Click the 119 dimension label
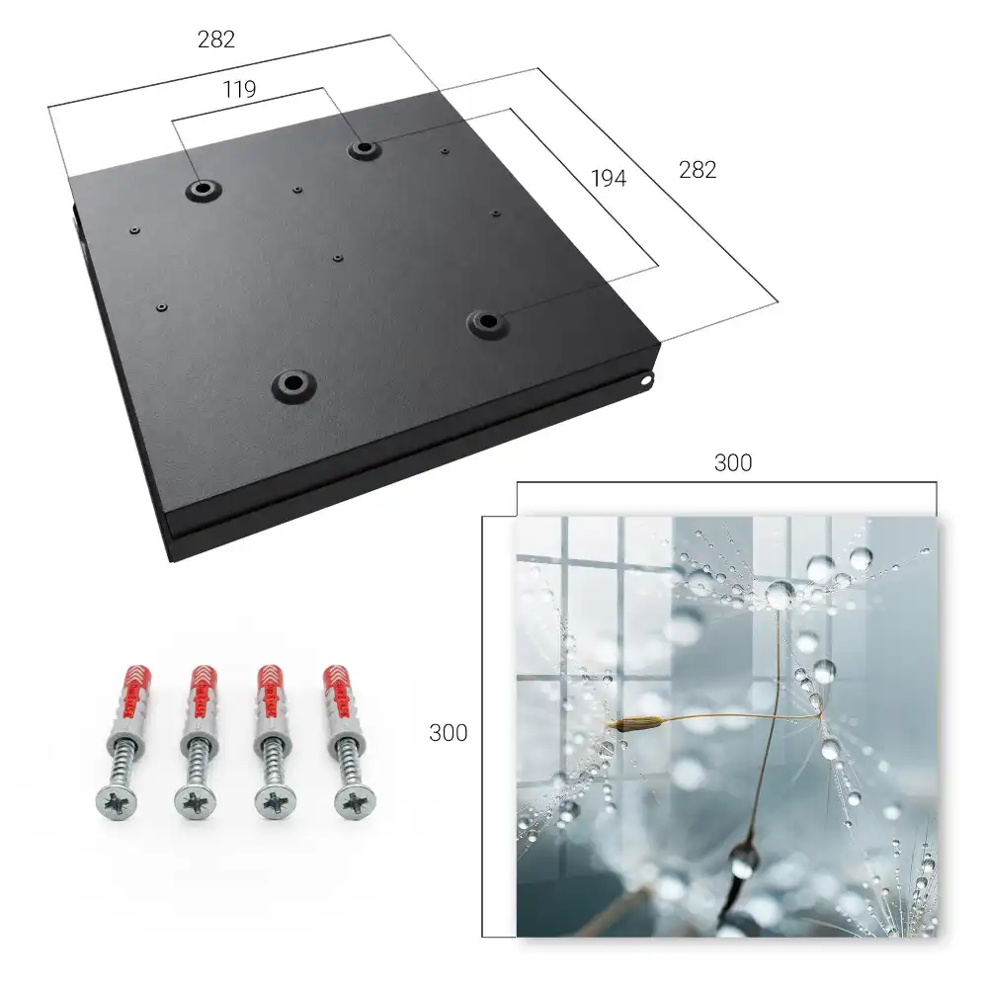pyautogui.click(x=239, y=90)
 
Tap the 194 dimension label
pyautogui.click(x=609, y=179)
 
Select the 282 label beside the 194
pyautogui.click(x=698, y=170)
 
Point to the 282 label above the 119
pyautogui.click(x=216, y=40)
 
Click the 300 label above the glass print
pyautogui.click(x=733, y=463)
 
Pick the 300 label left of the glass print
pyautogui.click(x=448, y=733)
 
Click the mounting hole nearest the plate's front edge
pyautogui.click(x=293, y=383)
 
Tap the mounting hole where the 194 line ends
pyautogui.click(x=487, y=323)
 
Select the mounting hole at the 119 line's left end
pyautogui.click(x=204, y=189)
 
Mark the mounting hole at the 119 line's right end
pyautogui.click(x=364, y=150)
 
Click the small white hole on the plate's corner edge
pyautogui.click(x=646, y=380)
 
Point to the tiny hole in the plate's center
pyautogui.click(x=339, y=258)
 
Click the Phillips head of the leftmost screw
pyautogui.click(x=117, y=802)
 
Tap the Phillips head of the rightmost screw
pyautogui.click(x=355, y=802)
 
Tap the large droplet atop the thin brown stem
pyautogui.click(x=781, y=594)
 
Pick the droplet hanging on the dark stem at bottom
pyautogui.click(x=744, y=862)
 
